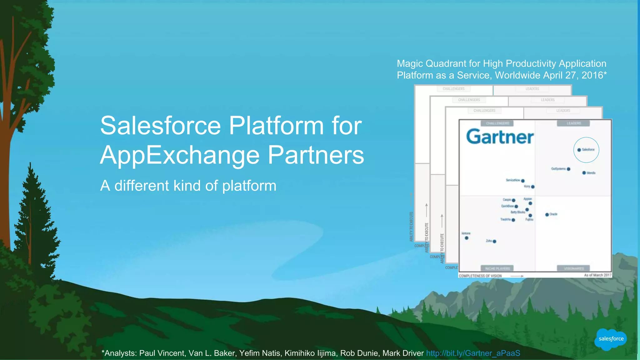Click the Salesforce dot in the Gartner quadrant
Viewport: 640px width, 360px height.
(x=579, y=150)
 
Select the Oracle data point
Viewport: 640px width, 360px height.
(x=547, y=215)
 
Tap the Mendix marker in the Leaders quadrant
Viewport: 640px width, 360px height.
(x=584, y=173)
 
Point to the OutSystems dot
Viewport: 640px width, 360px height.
(x=568, y=169)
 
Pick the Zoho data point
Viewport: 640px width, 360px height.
(x=494, y=241)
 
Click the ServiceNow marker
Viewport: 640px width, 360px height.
(x=523, y=181)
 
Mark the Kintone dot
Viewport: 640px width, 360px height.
(x=467, y=238)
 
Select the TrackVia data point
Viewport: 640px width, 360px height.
(x=513, y=220)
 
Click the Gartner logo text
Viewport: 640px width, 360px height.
(x=500, y=137)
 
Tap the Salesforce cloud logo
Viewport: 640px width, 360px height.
(x=611, y=339)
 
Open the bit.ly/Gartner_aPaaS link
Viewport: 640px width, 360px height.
(x=473, y=353)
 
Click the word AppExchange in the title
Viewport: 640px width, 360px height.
(x=180, y=155)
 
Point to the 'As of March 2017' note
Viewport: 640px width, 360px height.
(x=597, y=275)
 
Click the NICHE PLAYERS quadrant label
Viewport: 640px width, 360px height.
(x=497, y=268)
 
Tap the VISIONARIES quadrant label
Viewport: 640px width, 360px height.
(x=573, y=268)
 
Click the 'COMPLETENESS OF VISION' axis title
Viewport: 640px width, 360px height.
(x=480, y=276)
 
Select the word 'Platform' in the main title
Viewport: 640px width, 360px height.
(x=276, y=126)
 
